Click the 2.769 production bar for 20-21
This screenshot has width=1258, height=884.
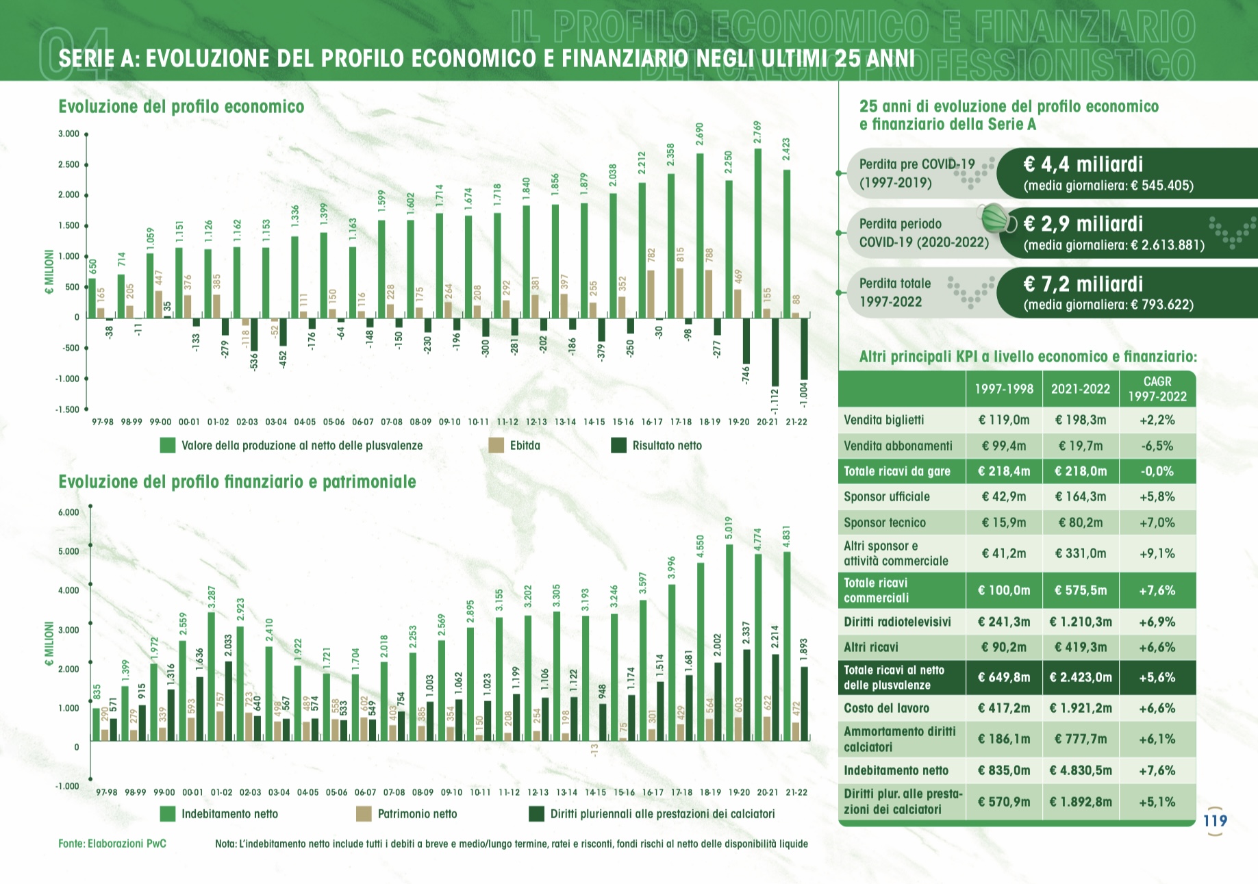(757, 233)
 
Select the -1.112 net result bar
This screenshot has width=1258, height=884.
(775, 351)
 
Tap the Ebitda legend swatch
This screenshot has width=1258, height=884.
(496, 446)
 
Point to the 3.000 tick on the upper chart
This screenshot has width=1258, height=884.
(68, 134)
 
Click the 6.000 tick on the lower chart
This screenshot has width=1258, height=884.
(68, 512)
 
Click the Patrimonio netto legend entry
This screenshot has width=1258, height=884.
(417, 814)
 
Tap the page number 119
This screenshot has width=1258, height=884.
(1215, 820)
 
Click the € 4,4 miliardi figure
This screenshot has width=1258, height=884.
(1083, 164)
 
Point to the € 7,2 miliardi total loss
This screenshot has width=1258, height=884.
(1083, 284)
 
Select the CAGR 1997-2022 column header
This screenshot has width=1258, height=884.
(1157, 389)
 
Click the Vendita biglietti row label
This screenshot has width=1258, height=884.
(883, 420)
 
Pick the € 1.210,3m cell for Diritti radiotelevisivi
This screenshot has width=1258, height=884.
(1080, 622)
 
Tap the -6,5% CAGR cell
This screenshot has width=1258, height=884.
(1157, 446)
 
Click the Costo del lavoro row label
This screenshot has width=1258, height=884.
(886, 708)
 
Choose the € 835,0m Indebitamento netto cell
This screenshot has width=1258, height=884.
(1003, 770)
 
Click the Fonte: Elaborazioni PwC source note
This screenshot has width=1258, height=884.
(112, 844)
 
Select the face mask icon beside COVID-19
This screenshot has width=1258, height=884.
(998, 219)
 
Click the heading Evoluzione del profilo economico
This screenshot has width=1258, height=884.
(181, 107)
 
